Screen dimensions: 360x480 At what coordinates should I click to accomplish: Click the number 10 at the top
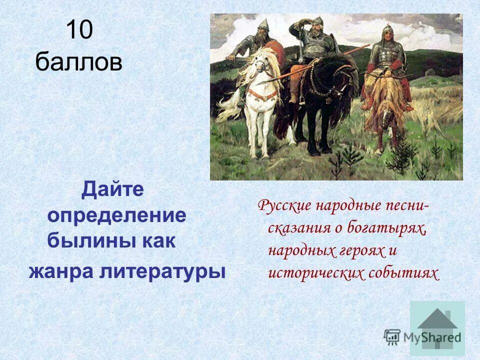[x=79, y=31]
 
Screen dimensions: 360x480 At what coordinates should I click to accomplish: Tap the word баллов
[x=79, y=63]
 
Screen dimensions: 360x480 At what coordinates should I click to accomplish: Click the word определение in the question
[x=116, y=216]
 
